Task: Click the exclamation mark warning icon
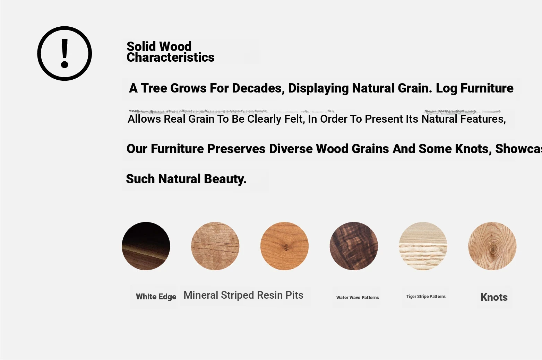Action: tap(64, 53)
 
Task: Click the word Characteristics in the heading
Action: tap(170, 58)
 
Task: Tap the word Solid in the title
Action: tap(141, 46)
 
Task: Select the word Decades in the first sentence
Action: tap(258, 88)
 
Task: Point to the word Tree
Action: tap(154, 88)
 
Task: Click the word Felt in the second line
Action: tap(294, 119)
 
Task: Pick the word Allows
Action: tap(144, 119)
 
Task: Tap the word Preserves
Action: tap(236, 149)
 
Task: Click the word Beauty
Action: tap(225, 179)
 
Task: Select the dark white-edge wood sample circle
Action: tap(146, 246)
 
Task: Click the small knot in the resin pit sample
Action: tap(286, 247)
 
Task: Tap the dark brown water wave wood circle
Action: tap(354, 246)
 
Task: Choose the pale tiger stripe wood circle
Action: tap(423, 246)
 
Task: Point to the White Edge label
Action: tap(156, 297)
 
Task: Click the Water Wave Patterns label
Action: tap(358, 297)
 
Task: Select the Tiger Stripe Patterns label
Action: tap(426, 296)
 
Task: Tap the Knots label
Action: tap(494, 297)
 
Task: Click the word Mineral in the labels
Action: tap(201, 295)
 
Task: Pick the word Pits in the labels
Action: tap(294, 295)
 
